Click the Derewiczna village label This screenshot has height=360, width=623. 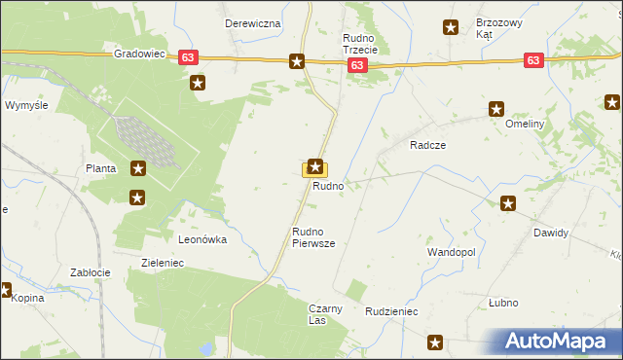pos(252,22)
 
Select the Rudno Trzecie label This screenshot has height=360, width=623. pos(365,44)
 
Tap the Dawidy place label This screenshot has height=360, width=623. pos(550,234)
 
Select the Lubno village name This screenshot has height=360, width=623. pos(502,303)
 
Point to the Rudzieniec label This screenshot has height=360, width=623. pos(391,311)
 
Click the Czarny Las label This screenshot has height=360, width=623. pos(325,314)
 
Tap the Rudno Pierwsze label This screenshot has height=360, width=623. pos(313,238)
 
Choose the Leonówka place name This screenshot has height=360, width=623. pos(202,238)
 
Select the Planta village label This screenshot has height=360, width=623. pos(100,168)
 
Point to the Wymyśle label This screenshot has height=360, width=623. pos(26,104)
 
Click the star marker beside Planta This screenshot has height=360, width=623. pos(138,168)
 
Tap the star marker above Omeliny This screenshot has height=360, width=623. pos(497,110)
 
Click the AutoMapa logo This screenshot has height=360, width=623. pos(561,341)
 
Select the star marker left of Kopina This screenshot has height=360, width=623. pos(5,289)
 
